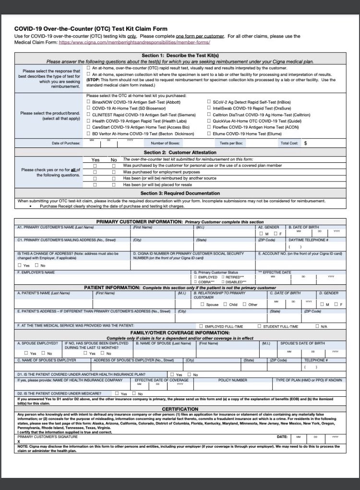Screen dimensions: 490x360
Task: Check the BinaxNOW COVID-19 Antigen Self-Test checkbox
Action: [88, 102]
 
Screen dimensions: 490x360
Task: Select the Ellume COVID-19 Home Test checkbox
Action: [209, 134]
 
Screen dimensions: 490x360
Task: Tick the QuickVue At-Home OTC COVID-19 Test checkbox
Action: [209, 121]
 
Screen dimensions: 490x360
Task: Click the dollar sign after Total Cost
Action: [305, 143]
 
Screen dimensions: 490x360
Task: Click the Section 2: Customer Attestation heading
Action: [180, 152]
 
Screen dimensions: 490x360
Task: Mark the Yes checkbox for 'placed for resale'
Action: [95, 184]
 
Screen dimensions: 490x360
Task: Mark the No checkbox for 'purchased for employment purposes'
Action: [114, 171]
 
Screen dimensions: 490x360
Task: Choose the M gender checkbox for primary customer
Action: [261, 233]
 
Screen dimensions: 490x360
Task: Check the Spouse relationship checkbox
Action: [203, 304]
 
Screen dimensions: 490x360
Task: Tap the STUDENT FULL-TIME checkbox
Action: [259, 326]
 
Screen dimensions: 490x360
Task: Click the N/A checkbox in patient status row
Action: [317, 326]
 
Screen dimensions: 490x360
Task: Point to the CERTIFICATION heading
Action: [180, 409]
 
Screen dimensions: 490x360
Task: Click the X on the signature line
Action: [19, 441]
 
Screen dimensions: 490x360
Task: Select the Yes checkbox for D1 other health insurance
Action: [172, 374]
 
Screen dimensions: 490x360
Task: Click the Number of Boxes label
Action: [165, 143]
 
